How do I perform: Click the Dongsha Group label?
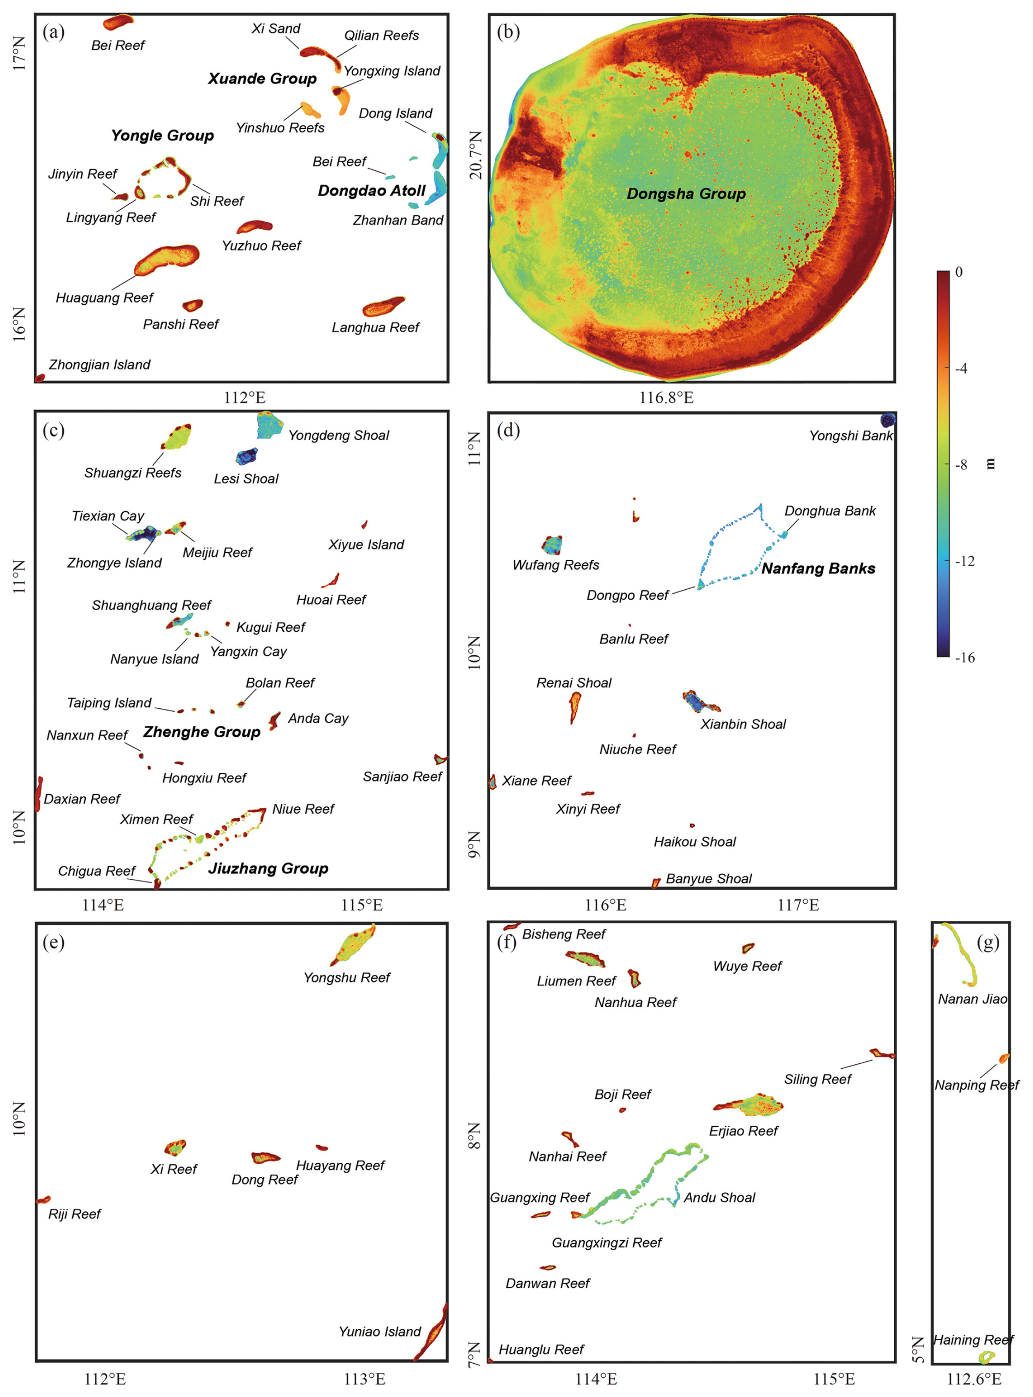tap(686, 194)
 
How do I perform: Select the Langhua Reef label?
tap(375, 327)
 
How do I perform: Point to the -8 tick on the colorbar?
tap(951, 464)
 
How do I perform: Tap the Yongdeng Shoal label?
tap(339, 435)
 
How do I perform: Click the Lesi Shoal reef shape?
tap(246, 456)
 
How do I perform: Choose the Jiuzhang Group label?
tap(268, 868)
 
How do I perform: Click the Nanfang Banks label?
tap(818, 569)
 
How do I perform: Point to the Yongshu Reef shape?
tap(353, 945)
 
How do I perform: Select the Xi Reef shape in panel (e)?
tap(176, 1147)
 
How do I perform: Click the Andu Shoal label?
tap(719, 1198)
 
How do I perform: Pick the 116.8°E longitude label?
tap(666, 398)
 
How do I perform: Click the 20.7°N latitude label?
tap(477, 155)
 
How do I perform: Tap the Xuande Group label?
tap(262, 79)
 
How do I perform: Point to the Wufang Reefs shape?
tap(551, 545)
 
